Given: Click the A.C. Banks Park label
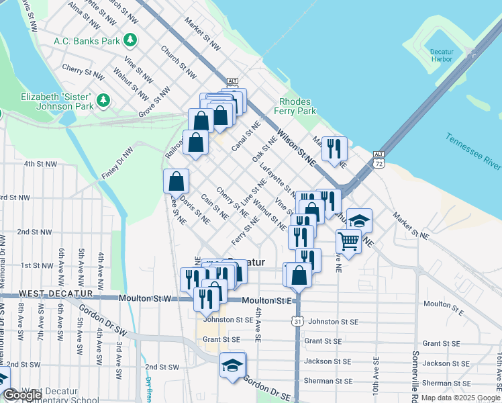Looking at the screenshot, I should (x=86, y=40).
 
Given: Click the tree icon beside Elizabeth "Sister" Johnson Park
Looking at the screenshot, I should (x=103, y=101).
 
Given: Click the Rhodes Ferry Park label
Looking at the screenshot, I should (x=296, y=106).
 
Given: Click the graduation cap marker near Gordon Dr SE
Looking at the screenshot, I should (x=232, y=365).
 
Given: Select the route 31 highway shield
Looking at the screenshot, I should (x=297, y=322).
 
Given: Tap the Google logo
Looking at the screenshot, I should (x=22, y=395).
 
